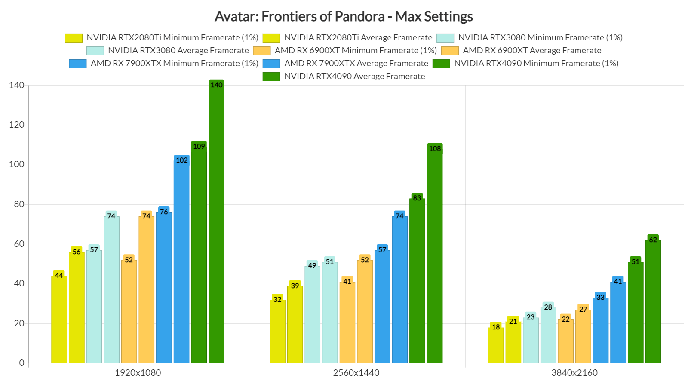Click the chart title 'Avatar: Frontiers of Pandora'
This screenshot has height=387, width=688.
[x=344, y=16]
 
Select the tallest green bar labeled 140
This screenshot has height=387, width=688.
[x=216, y=224]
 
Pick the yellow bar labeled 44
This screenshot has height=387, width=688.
[x=59, y=320]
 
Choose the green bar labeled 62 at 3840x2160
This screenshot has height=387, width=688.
[x=653, y=301]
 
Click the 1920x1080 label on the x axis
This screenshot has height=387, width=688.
[x=138, y=373]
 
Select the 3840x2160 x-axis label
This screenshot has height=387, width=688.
[x=574, y=373]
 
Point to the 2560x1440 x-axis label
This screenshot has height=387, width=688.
[x=356, y=373]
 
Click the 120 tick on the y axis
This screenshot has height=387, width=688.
[x=16, y=125]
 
